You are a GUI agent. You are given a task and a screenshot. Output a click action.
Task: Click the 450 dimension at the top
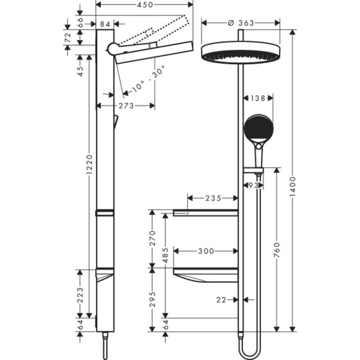point(144,4)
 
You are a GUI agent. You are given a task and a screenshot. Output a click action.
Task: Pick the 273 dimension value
point(126,106)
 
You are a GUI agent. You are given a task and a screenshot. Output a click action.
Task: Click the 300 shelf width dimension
point(206,251)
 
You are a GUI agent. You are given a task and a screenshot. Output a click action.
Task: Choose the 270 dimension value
point(152,238)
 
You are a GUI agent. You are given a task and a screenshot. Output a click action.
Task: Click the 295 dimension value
point(152,299)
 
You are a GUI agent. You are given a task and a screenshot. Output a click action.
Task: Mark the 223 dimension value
point(80,296)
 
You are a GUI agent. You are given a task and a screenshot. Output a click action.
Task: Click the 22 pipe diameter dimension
point(221,299)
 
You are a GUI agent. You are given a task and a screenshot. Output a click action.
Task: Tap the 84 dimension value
point(105,23)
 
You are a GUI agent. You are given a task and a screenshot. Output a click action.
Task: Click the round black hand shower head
point(258,127)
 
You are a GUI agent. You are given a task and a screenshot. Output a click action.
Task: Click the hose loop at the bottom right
point(251,351)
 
